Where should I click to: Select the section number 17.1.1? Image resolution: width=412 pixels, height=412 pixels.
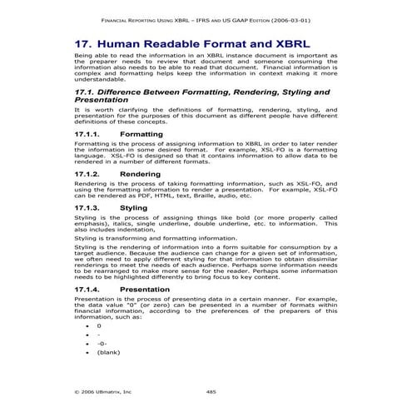87,133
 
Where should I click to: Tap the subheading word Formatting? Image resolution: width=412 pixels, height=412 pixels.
141,133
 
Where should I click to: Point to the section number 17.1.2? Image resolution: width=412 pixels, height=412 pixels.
87,174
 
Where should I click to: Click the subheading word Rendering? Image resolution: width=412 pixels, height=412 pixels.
141,174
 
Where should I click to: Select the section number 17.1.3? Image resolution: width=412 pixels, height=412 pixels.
87,207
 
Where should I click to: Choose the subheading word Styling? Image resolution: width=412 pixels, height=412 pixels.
134,207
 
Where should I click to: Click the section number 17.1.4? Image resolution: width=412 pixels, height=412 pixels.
87,289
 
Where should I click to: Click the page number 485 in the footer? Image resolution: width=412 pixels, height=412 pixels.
211,390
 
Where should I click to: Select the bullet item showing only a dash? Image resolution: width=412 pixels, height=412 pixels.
98,335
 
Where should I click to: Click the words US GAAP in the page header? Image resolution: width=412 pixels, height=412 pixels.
212,17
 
